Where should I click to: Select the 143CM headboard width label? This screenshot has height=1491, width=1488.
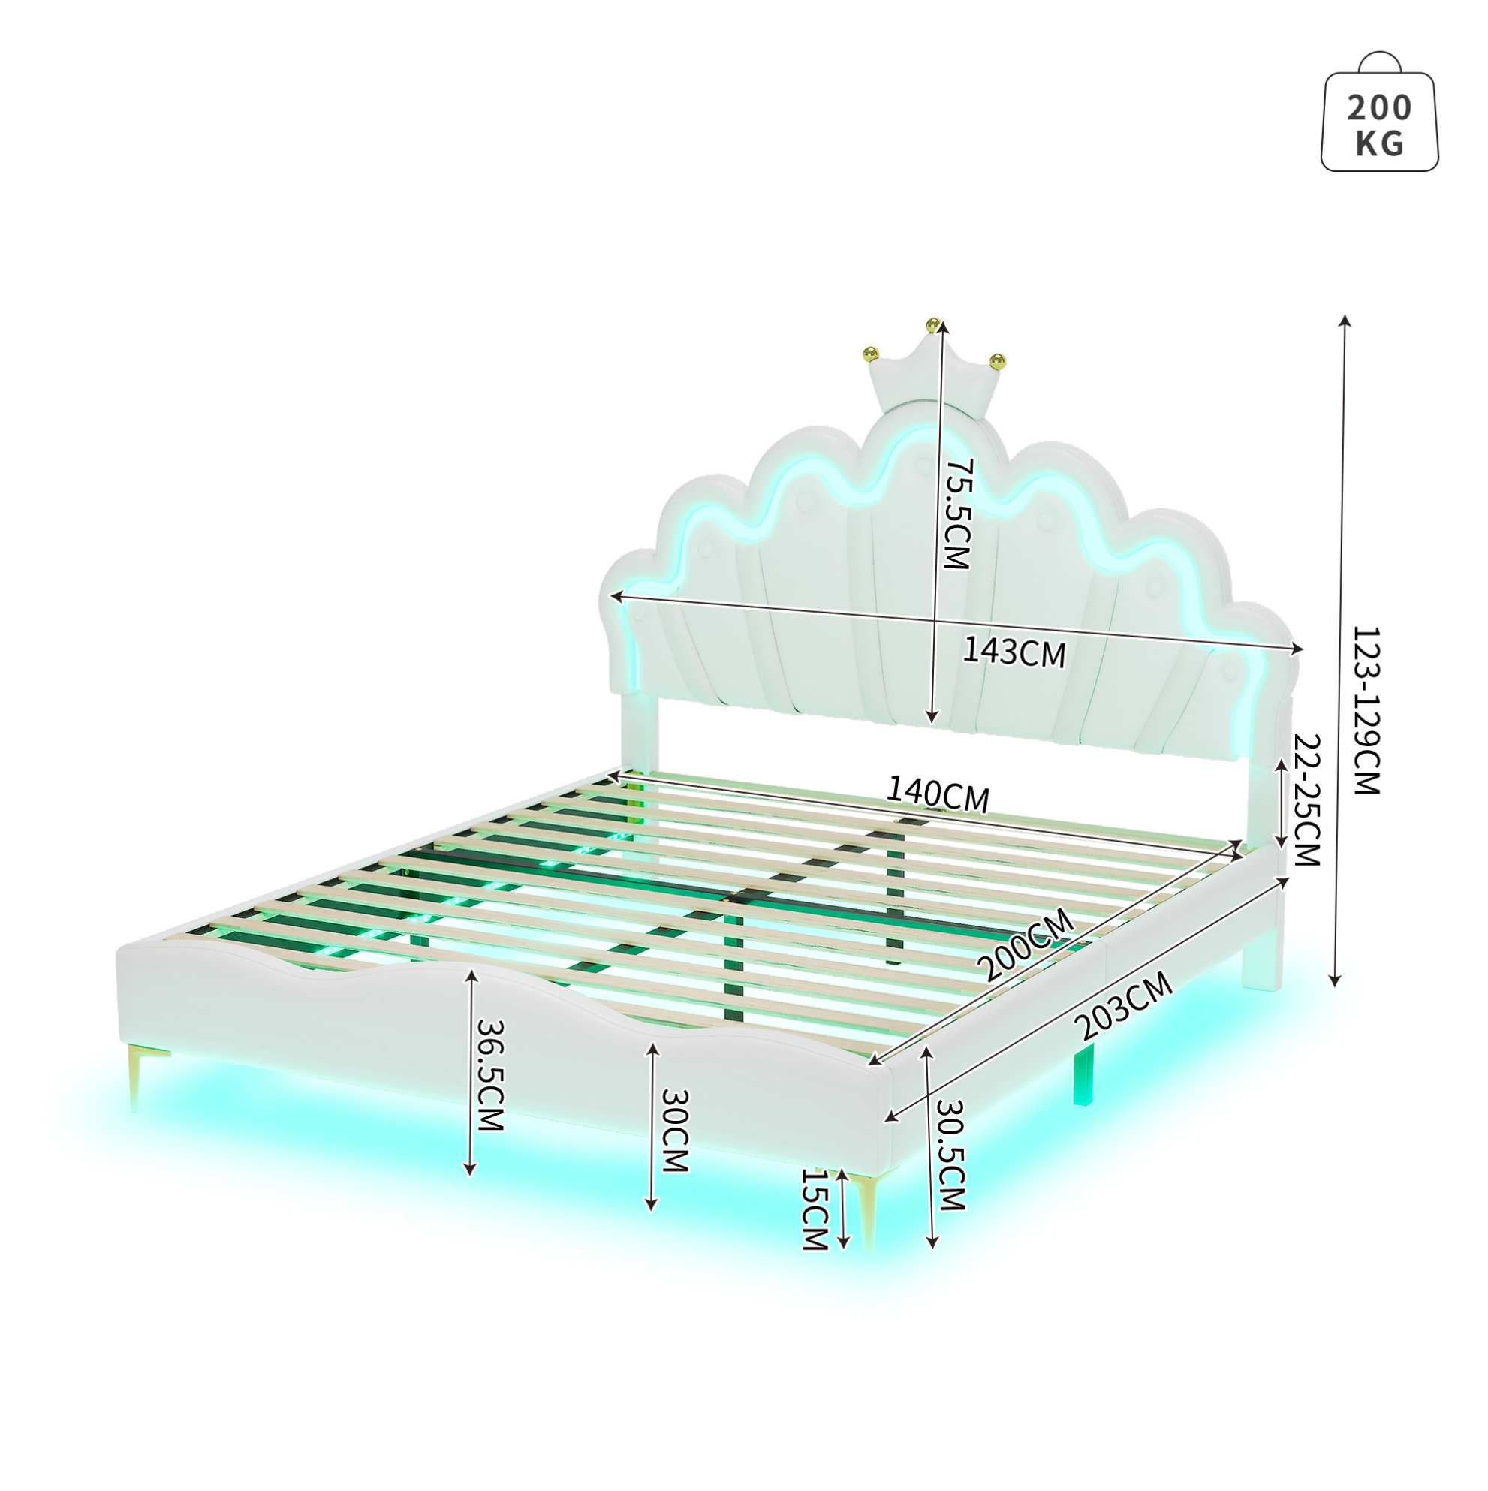click(1014, 653)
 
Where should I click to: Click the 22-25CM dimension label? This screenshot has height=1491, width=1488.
click(1306, 801)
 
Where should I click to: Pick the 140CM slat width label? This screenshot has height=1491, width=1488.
click(937, 794)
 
